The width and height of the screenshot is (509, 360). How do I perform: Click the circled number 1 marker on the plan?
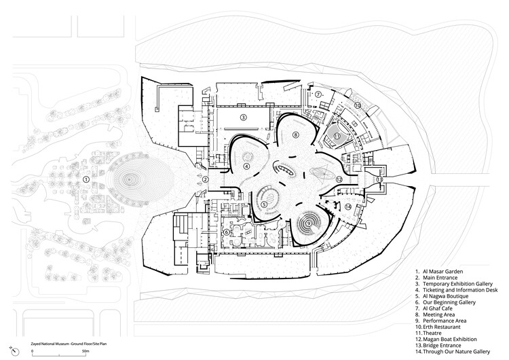click(x=86, y=179)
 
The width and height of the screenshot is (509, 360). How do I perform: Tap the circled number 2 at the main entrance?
click(x=204, y=180)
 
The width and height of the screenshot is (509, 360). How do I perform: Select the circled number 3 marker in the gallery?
click(x=242, y=117)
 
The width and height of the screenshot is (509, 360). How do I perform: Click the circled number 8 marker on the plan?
click(x=295, y=135)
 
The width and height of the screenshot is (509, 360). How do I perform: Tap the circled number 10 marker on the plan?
click(x=357, y=106)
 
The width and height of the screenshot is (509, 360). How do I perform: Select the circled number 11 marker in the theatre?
click(x=336, y=136)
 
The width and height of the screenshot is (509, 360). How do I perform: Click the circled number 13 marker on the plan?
click(x=380, y=179)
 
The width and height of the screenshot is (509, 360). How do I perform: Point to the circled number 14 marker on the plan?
click(x=347, y=206)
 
